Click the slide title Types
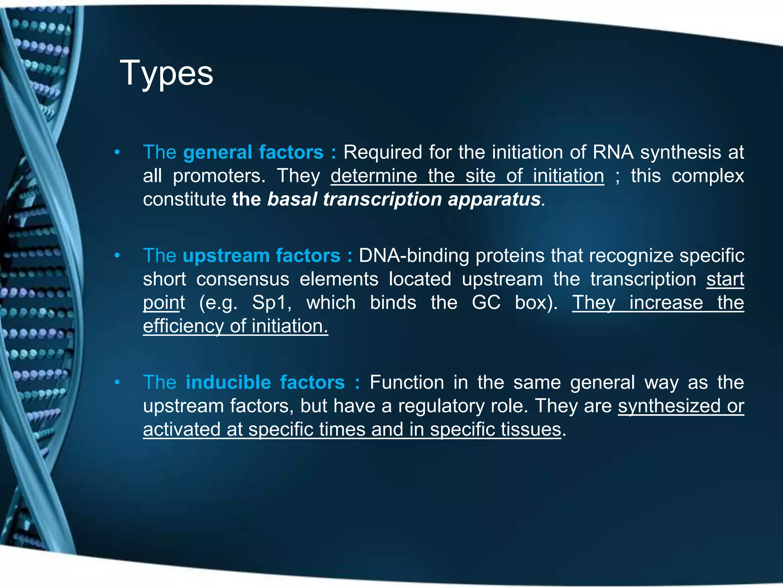166,73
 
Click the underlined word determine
374,176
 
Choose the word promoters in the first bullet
219,176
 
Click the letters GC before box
486,303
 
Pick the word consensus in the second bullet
243,279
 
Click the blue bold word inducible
228,383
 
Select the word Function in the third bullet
406,383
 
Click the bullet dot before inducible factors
117,382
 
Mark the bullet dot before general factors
117,152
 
